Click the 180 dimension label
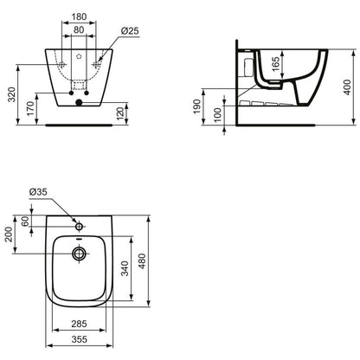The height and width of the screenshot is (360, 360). coord(79,16)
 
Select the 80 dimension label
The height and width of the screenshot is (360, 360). coord(79,29)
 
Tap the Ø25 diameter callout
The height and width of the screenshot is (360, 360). coord(130,31)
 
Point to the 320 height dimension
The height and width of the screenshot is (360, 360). coord(12,94)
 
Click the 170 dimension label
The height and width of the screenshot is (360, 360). coord(31,109)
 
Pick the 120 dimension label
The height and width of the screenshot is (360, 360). coord(120,113)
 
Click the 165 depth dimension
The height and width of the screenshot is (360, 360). coord(276,64)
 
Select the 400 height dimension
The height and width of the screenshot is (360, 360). coord(348,87)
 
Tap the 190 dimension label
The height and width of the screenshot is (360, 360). coord(197,106)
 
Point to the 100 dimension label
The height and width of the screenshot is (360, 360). coord(218,115)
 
